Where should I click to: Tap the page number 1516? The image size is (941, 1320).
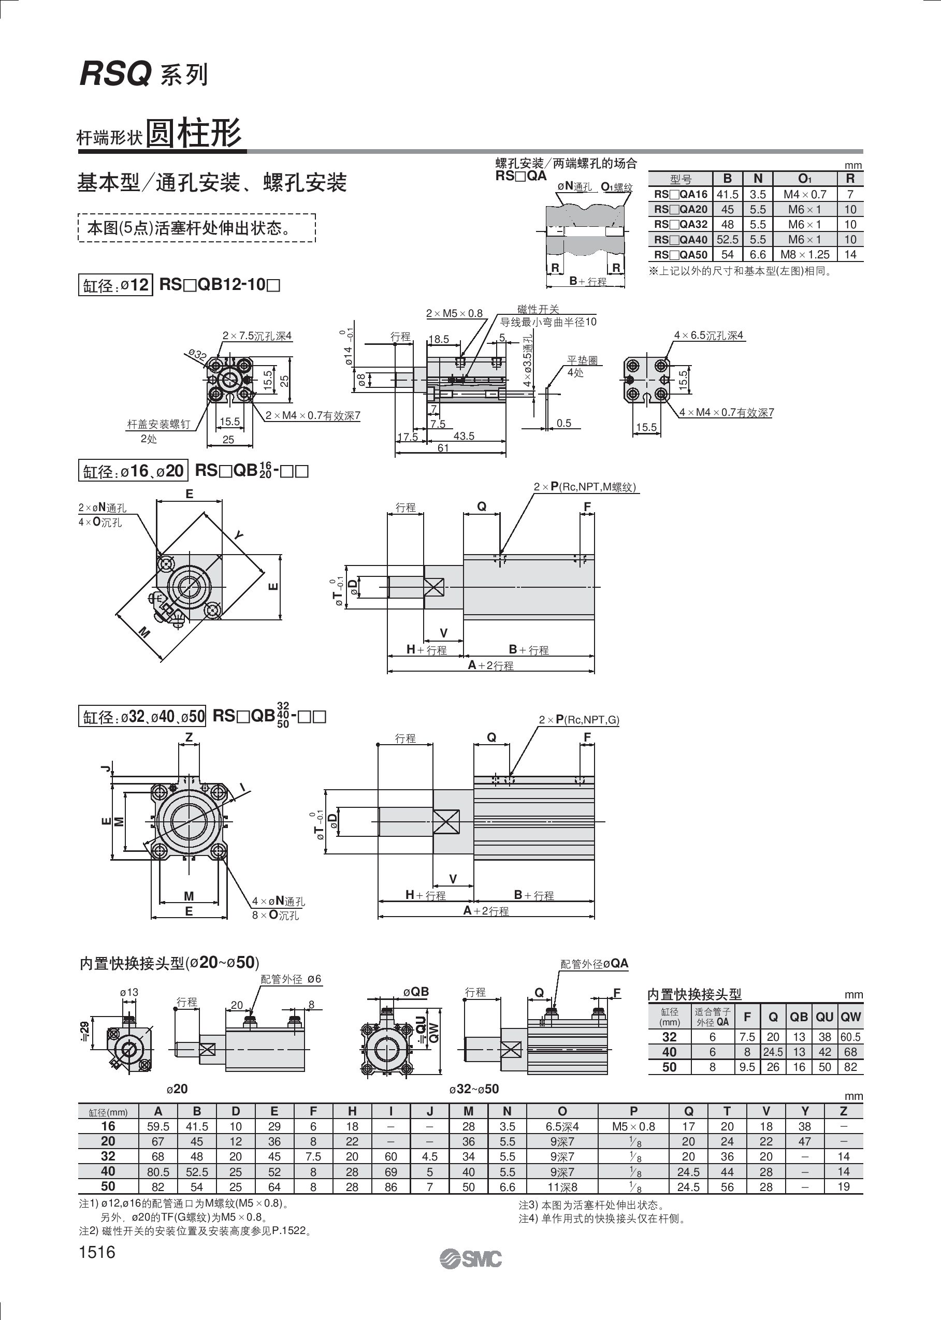click(x=97, y=1252)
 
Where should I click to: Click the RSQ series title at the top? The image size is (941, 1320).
click(x=143, y=74)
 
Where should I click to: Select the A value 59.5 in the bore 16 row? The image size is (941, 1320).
click(x=157, y=1126)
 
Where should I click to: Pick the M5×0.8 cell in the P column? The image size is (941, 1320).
click(x=633, y=1126)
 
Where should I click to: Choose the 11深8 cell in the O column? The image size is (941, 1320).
click(x=562, y=1187)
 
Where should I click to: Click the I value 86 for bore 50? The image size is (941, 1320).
click(x=391, y=1187)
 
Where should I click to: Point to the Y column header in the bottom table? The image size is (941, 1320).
click(x=805, y=1111)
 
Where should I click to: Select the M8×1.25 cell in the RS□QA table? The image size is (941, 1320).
click(x=805, y=254)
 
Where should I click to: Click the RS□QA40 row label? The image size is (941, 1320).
click(x=681, y=239)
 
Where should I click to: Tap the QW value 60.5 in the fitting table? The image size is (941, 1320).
click(x=850, y=1037)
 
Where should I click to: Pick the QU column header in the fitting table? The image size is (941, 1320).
click(x=824, y=1017)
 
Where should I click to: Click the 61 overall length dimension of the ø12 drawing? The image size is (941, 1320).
click(x=443, y=448)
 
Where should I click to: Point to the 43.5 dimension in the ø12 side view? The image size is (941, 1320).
click(x=464, y=436)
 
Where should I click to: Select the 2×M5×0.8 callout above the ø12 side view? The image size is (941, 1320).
click(x=454, y=313)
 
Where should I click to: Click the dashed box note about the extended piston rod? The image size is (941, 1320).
click(x=196, y=228)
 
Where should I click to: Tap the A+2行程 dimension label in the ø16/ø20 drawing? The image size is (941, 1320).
click(x=491, y=665)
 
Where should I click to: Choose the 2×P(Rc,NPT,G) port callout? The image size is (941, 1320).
click(x=579, y=720)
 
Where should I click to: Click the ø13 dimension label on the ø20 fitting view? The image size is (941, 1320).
click(x=129, y=992)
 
